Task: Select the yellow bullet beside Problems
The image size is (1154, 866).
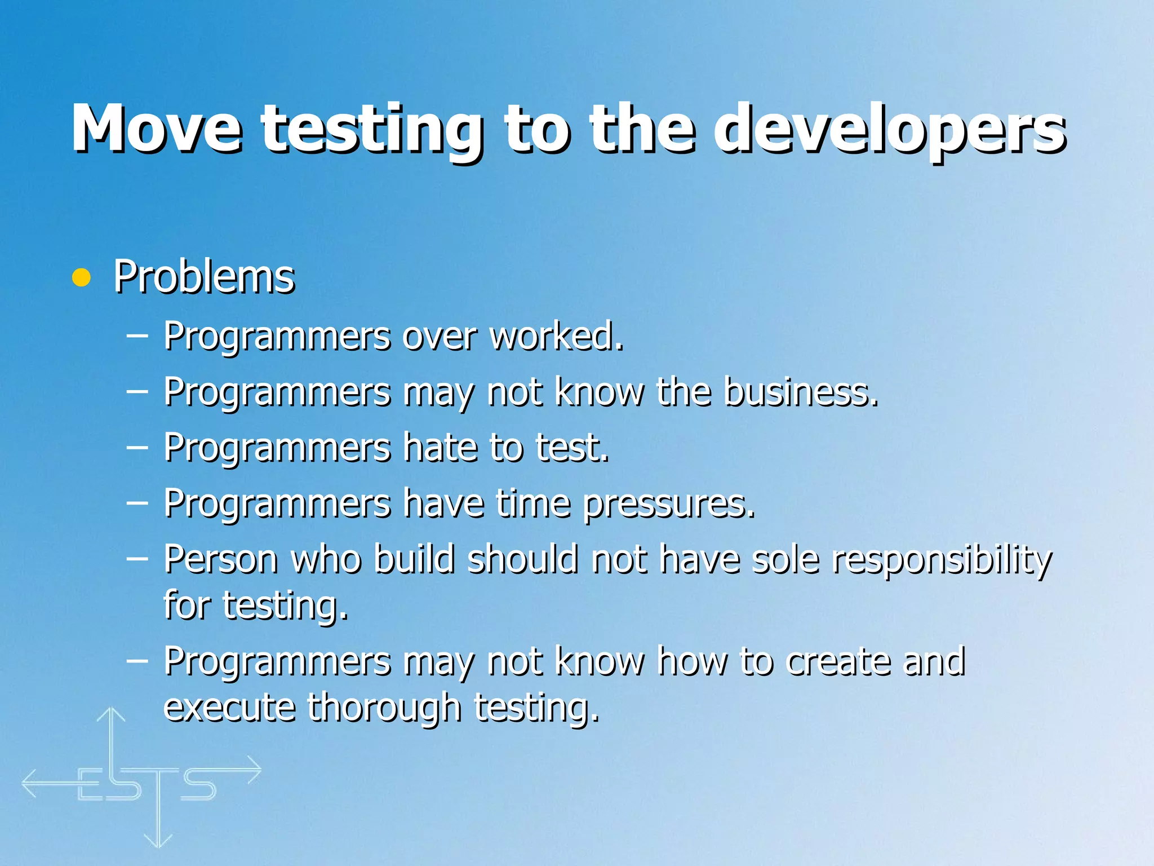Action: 82,277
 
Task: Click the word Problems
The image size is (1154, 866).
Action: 204,277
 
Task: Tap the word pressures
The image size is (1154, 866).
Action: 668,503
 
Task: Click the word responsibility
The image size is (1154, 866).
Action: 942,559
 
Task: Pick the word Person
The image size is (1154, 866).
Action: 221,559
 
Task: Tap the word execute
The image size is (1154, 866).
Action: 229,707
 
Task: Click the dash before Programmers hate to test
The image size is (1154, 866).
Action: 137,447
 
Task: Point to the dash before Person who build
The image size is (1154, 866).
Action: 137,558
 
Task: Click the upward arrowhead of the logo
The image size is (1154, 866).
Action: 111,715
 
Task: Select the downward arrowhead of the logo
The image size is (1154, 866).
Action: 158,840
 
